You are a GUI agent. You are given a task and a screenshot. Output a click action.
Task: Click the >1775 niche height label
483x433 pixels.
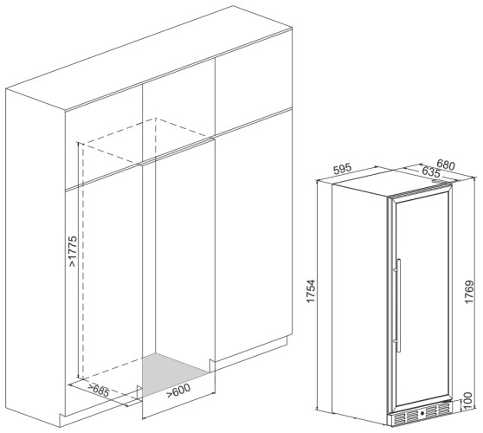click(74, 256)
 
